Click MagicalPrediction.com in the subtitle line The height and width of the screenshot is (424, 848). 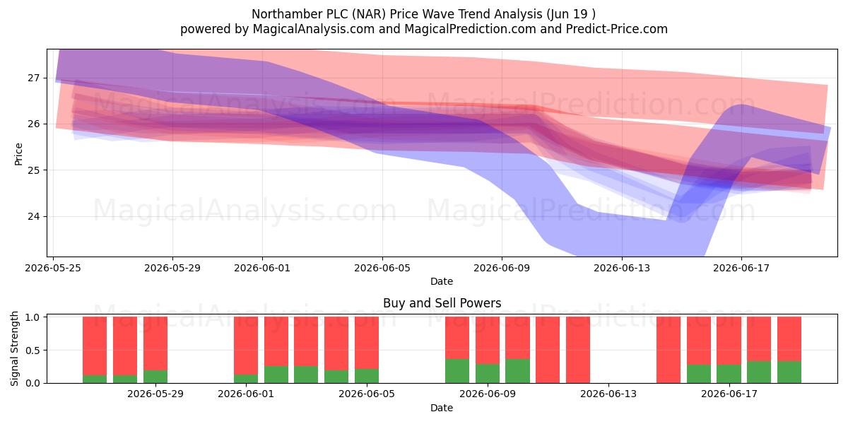pyautogui.click(x=470, y=29)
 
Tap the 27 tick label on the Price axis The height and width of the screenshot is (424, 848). pyautogui.click(x=33, y=78)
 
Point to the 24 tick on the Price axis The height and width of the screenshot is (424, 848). pyautogui.click(x=33, y=216)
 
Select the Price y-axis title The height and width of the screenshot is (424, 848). pyautogui.click(x=18, y=154)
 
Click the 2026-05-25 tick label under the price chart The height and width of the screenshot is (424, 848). pyautogui.click(x=53, y=268)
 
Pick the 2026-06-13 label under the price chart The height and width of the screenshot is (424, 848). pyautogui.click(x=622, y=268)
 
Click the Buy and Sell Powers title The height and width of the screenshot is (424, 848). pyautogui.click(x=442, y=303)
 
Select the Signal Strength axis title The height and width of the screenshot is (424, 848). pyautogui.click(x=14, y=348)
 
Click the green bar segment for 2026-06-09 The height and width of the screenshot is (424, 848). pyautogui.click(x=488, y=373)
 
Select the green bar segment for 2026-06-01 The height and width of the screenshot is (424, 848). pyautogui.click(x=246, y=379)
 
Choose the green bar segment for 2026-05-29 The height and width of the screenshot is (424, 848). pyautogui.click(x=155, y=376)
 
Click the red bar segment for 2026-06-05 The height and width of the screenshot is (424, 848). pyautogui.click(x=367, y=343)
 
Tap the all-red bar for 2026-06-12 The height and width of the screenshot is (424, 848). pyautogui.click(x=578, y=350)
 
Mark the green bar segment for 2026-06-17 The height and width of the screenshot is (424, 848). pyautogui.click(x=729, y=374)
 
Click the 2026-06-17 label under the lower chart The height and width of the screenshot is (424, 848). pyautogui.click(x=729, y=394)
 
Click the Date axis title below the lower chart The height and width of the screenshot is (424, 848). pyautogui.click(x=442, y=408)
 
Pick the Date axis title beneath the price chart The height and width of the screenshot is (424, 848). pyautogui.click(x=442, y=281)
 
